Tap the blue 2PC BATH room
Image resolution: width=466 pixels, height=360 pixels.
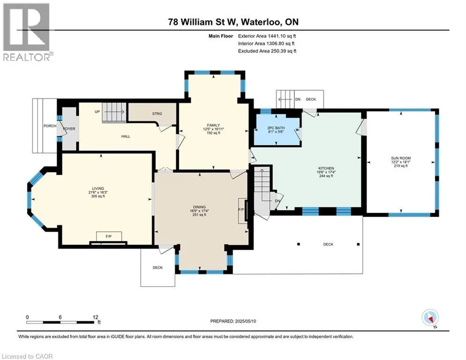[x=276, y=129]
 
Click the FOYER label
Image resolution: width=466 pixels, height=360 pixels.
[x=69, y=128]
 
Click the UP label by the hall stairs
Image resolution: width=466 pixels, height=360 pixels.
[x=97, y=112]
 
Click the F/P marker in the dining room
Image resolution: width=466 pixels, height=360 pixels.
[x=241, y=210]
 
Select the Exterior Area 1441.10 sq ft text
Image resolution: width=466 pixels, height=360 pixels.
[x=267, y=36]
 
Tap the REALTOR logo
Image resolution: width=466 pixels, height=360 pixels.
[x=26, y=32]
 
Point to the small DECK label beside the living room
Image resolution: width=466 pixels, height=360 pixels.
[x=157, y=268]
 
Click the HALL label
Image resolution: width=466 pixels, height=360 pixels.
[x=126, y=136]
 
